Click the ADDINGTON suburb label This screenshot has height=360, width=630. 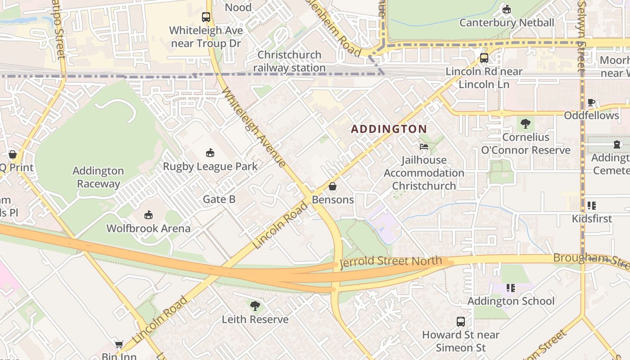pos(389,129)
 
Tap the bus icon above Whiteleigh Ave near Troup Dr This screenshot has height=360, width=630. pos(206,17)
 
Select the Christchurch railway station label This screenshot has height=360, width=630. pos(289,61)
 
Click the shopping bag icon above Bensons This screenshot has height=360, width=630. pos(333,186)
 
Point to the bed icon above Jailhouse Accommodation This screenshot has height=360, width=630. pos(423,147)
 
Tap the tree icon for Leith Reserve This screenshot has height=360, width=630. pos(255,306)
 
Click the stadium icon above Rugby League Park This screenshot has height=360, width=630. pos(210,153)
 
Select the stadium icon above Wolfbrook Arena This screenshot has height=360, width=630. pos(148,215)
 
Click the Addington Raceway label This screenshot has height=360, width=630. pos(98,177)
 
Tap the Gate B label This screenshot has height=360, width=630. pos(219,199)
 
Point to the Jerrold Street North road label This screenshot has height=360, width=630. pos(391,261)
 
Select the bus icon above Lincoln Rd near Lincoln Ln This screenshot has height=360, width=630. pos(484,58)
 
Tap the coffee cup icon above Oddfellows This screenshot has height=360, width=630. pos(592,102)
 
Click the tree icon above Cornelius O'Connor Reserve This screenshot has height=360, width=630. pos(526,124)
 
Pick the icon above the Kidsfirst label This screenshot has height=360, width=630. pos(592,206)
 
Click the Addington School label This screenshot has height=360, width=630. pos(511,301)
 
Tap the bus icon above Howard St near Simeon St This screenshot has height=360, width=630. pos(461,322)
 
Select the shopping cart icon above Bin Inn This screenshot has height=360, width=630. pos(119,344)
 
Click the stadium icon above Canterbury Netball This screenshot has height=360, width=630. pos(507,9)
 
